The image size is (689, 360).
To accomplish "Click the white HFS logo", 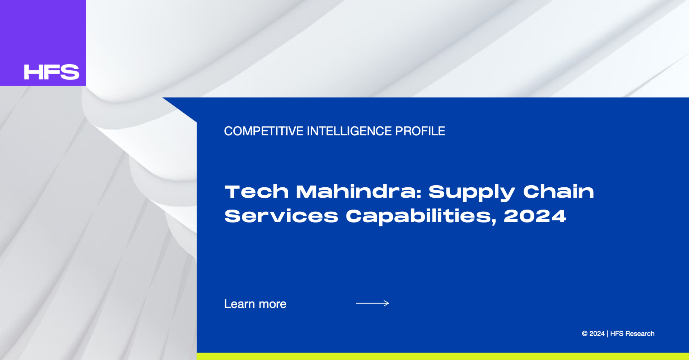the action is (52, 72).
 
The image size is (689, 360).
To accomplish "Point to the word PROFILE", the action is (420, 131).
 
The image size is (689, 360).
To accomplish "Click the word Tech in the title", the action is (257, 192).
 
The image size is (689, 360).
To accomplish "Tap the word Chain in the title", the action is (558, 192).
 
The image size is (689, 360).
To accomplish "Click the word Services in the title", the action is (281, 216).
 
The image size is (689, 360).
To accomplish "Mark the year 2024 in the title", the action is (535, 216).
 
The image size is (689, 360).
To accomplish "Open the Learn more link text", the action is (255, 304).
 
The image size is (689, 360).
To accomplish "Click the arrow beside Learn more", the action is (372, 303).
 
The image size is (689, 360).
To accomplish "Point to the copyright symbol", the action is (585, 334).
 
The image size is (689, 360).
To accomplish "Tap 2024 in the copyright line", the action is (597, 334).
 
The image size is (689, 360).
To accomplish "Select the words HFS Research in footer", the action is (632, 334).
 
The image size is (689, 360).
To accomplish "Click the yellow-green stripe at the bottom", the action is (443, 356).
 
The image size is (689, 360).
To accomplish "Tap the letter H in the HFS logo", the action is (32, 72).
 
